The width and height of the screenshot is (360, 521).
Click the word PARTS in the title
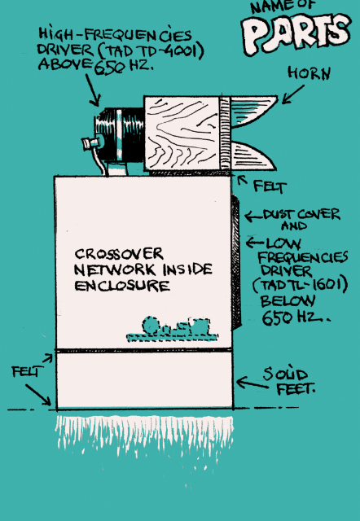pos(296,33)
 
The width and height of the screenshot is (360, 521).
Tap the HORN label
pos(310,73)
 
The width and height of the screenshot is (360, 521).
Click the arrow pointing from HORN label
pos(293,94)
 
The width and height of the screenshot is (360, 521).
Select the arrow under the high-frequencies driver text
pos(93,90)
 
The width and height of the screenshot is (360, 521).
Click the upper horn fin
pos(253,111)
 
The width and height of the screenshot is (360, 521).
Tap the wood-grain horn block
pos(182,134)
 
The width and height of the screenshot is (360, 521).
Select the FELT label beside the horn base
pos(270,186)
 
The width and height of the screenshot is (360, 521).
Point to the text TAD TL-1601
pos(301,286)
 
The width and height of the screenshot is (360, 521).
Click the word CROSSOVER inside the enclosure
pos(119,254)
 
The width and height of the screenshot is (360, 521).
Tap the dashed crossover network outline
pos(172,329)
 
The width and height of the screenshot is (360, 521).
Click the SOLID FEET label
pos(289,382)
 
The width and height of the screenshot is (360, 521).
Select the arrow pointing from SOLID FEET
pos(252,383)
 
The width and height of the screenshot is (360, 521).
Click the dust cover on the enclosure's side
pos(236,262)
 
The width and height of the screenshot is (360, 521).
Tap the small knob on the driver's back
pos(90,143)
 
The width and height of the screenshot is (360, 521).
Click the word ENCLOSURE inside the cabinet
pos(122,286)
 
